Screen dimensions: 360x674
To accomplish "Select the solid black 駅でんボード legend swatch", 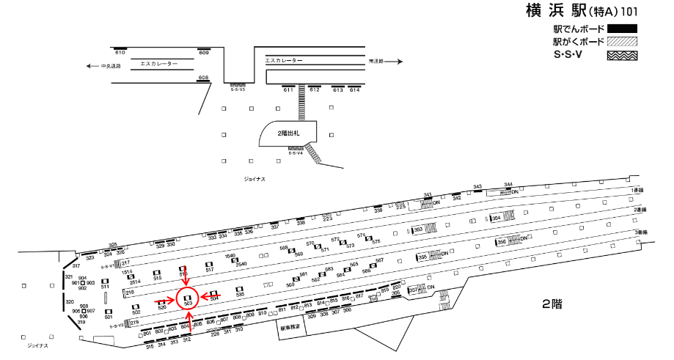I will point(621,29).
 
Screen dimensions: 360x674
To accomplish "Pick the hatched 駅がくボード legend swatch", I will point(621,42).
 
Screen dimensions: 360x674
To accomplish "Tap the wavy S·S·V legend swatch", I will point(621,55).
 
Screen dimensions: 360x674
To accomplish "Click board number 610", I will point(120,53).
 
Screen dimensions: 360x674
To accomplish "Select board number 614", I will point(355,90).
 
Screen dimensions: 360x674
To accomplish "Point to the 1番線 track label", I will point(637,190).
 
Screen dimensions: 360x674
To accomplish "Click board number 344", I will point(508,185).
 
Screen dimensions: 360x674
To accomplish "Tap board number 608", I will point(203,78).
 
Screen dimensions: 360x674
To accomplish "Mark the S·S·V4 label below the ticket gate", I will point(296,153).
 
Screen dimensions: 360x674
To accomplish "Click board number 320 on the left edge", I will point(70,302).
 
